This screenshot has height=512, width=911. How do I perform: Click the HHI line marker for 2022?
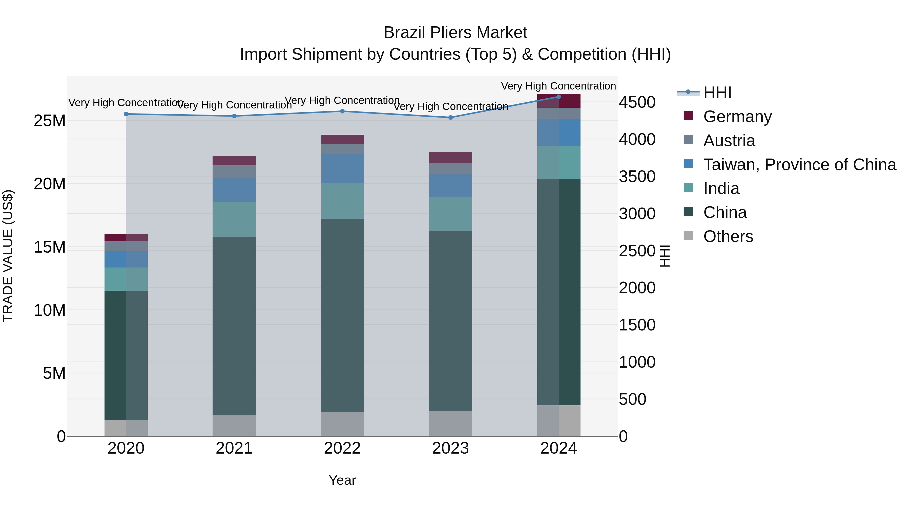pyautogui.click(x=342, y=111)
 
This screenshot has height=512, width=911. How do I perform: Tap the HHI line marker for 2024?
pyautogui.click(x=558, y=97)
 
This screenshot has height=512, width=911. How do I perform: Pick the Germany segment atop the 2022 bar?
pyautogui.click(x=342, y=139)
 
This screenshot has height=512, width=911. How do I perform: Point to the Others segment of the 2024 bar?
pyautogui.click(x=558, y=420)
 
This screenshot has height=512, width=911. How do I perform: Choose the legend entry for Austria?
pyautogui.click(x=729, y=141)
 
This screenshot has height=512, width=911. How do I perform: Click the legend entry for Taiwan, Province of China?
pyautogui.click(x=799, y=165)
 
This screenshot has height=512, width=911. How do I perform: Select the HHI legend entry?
pyautogui.click(x=717, y=93)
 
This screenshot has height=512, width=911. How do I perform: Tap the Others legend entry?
pyautogui.click(x=728, y=236)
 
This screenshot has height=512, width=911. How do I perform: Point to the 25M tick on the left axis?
pyautogui.click(x=50, y=121)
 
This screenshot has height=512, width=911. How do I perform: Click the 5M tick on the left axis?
pyautogui.click(x=54, y=373)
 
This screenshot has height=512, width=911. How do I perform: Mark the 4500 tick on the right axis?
pyautogui.click(x=637, y=102)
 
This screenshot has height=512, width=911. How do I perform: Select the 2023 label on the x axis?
pyautogui.click(x=450, y=448)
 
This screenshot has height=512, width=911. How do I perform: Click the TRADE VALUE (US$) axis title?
pyautogui.click(x=8, y=256)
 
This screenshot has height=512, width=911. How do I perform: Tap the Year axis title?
pyautogui.click(x=342, y=480)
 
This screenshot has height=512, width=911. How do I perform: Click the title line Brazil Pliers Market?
pyautogui.click(x=455, y=33)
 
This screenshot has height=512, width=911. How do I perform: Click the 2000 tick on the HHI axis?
pyautogui.click(x=637, y=288)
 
